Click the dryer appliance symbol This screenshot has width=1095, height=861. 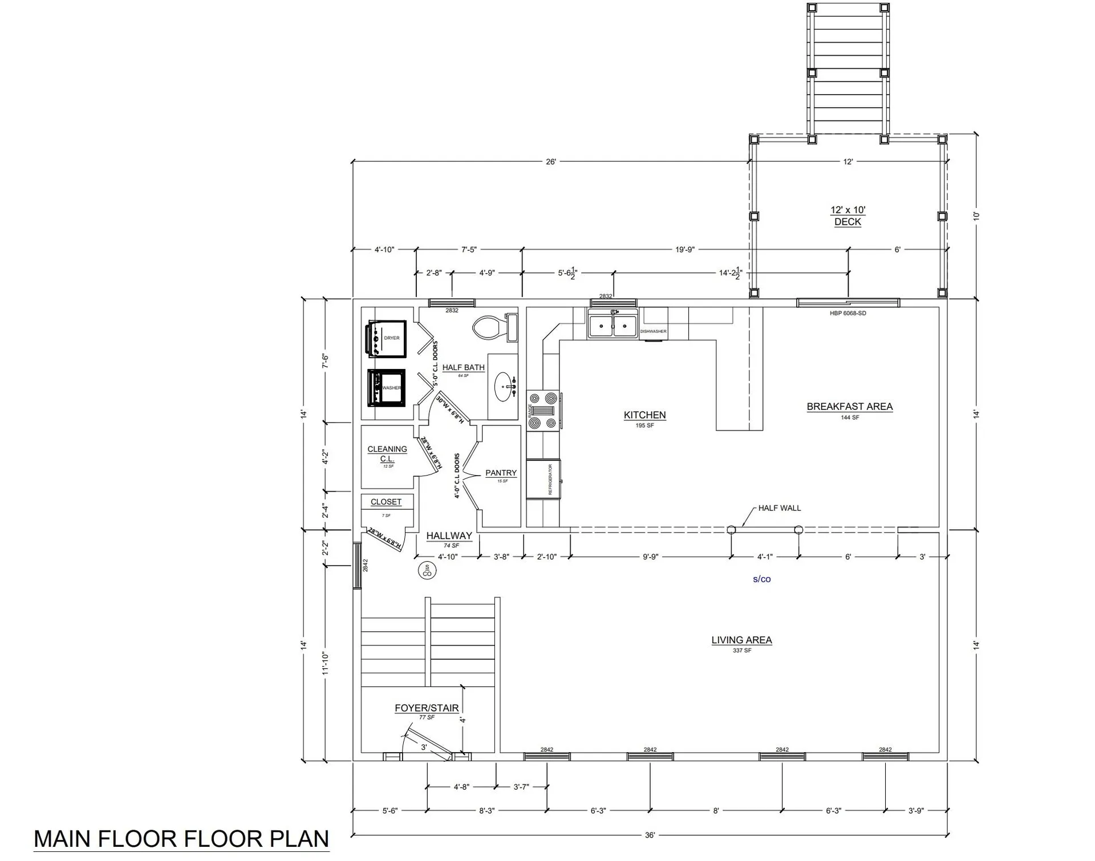[x=387, y=339]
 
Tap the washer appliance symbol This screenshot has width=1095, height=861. [x=387, y=388]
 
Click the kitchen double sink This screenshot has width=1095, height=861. [x=613, y=326]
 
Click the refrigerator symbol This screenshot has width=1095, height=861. [x=544, y=479]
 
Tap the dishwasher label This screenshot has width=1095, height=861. [x=653, y=331]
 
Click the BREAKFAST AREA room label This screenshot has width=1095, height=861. [x=849, y=407]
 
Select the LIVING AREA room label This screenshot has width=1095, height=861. [x=741, y=640]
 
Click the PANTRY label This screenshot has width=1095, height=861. [x=501, y=473]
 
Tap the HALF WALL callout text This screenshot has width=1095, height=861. [x=779, y=508]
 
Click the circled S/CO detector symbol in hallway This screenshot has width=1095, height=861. [x=427, y=570]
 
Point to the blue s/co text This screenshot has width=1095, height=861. [x=761, y=579]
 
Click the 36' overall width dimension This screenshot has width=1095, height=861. [x=650, y=835]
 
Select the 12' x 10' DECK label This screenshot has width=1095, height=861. [x=847, y=216]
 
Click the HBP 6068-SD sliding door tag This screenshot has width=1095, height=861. [x=847, y=313]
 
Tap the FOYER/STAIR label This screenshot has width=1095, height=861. [x=427, y=708]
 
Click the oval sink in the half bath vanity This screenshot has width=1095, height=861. [x=503, y=387]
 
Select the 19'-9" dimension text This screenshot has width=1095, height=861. [x=684, y=250]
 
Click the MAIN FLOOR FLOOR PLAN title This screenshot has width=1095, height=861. [x=181, y=839]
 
